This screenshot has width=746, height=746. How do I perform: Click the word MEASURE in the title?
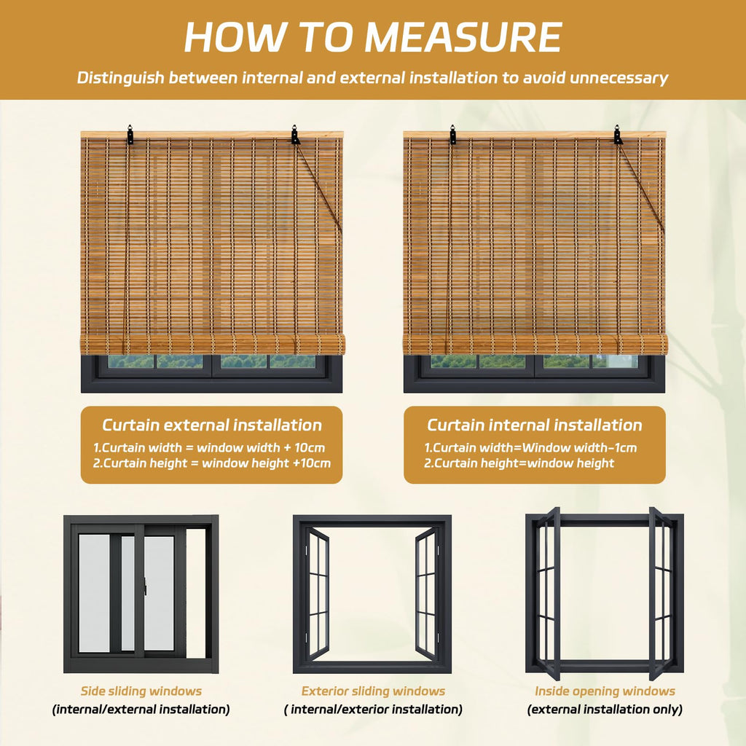pos(464,37)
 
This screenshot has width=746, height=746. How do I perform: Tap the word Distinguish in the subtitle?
pos(120,77)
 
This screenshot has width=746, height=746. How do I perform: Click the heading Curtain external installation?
pos(212,425)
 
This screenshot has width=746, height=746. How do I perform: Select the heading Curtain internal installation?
pos(534,425)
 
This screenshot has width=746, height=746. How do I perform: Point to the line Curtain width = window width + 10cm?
pos(209,448)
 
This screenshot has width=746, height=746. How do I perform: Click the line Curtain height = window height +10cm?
pos(212,463)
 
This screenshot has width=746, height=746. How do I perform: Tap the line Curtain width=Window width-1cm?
pos(530,448)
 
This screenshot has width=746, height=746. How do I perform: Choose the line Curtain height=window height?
pos(519,463)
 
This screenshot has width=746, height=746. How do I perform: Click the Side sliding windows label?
pos(141,691)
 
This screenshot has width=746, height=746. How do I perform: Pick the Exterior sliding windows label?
pos(373,691)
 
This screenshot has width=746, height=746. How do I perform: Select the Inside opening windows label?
pos(605,691)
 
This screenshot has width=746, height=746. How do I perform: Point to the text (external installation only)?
pos(605,710)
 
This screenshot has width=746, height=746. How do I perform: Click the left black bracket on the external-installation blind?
pos(130,135)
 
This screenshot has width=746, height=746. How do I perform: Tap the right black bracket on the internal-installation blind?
pos(618,135)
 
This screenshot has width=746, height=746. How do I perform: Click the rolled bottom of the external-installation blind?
pos(212,344)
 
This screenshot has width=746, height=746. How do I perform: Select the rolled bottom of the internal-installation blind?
pos(535,344)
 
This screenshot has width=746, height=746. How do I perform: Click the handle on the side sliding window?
pos(145,586)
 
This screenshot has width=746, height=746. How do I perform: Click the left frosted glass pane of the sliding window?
pos(94,593)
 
